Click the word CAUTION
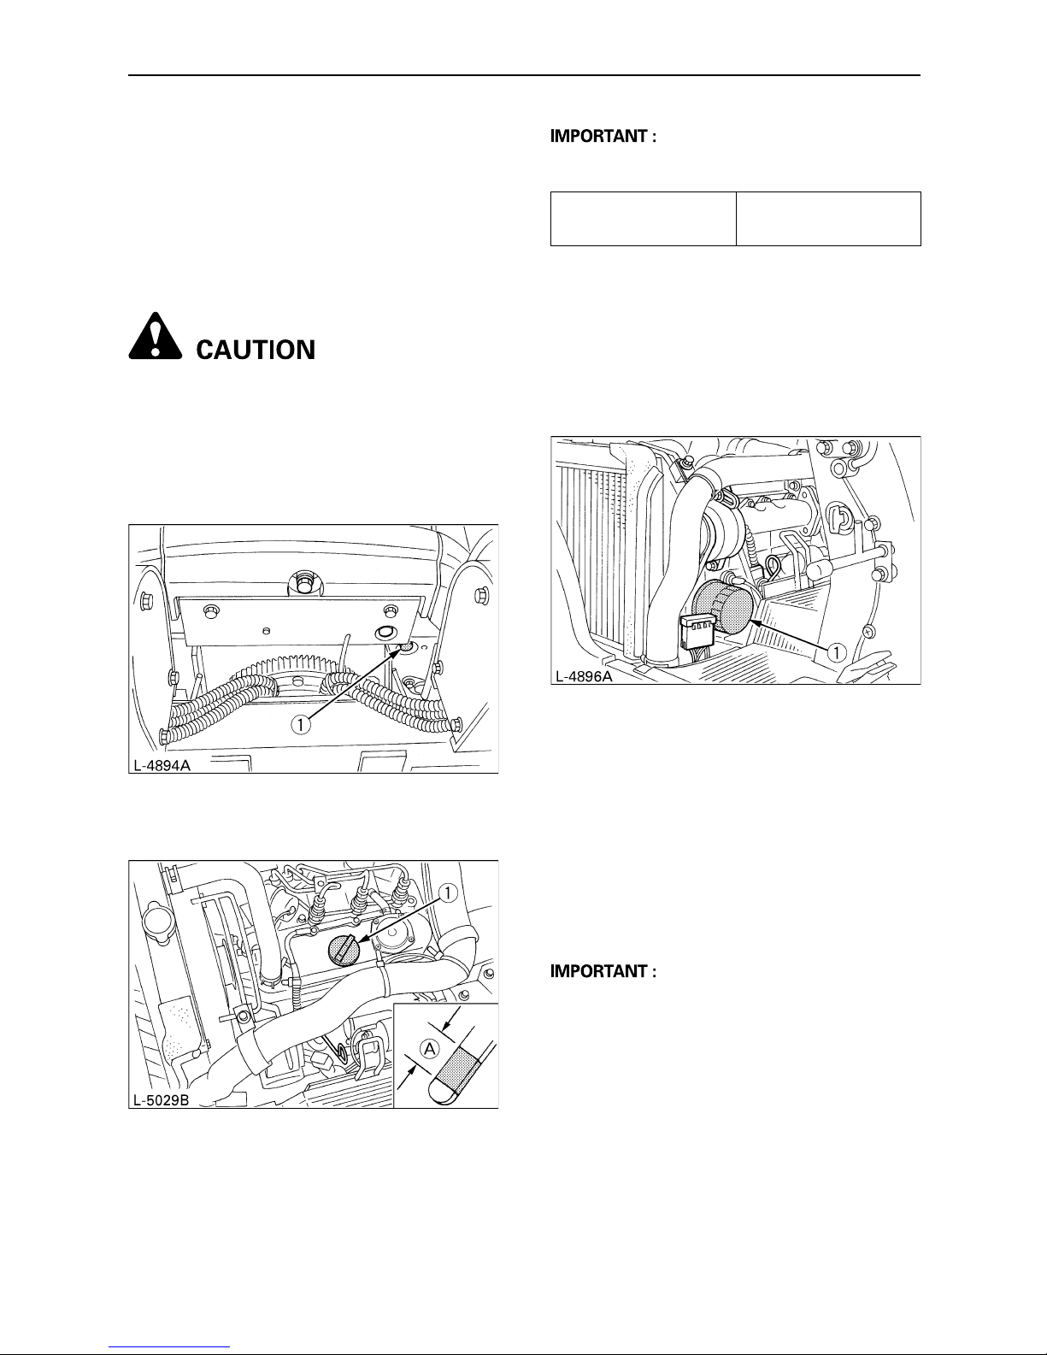256,350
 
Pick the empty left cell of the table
643,219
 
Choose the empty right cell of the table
828,219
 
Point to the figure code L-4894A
160,765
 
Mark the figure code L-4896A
584,676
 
